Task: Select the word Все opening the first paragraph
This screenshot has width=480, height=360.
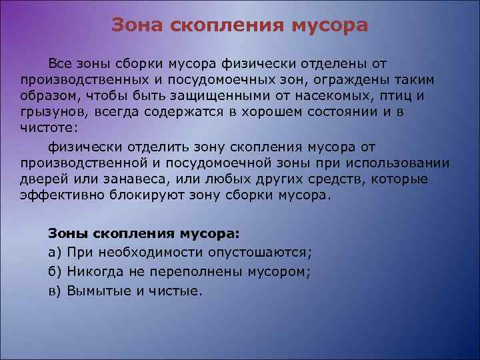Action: point(59,63)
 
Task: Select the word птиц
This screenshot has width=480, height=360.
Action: point(402,96)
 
